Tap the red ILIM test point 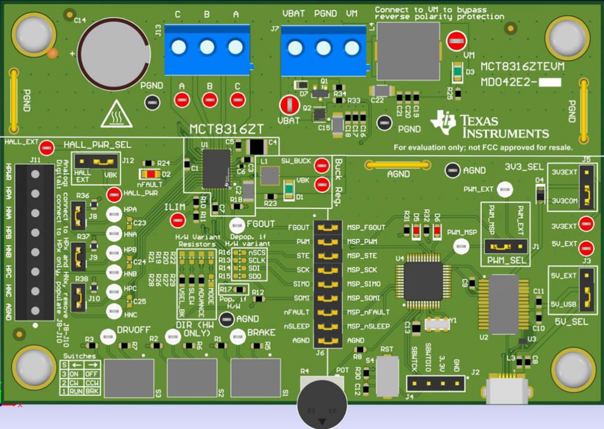point(177,221)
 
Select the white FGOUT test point point(237,224)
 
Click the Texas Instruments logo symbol point(443,122)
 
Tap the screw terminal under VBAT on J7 point(295,48)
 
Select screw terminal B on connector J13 point(207,47)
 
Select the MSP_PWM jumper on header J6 point(328,241)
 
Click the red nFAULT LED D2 point(149,174)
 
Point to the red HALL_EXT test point point(48,146)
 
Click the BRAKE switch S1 point(255,378)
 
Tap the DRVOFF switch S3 point(128,378)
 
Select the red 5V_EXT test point point(586,247)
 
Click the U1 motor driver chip point(215,168)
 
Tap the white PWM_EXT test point point(504,190)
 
